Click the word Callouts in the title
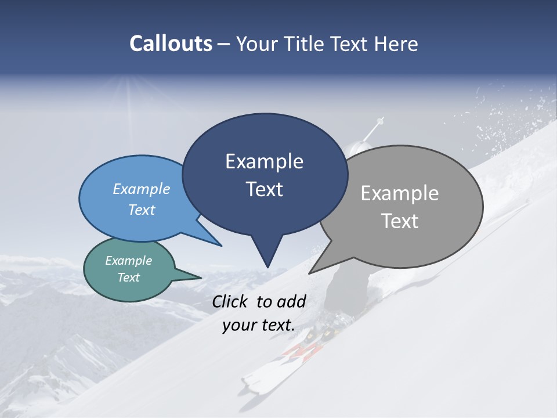tap(171, 44)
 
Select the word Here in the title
tap(397, 44)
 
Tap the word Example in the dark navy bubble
tap(264, 161)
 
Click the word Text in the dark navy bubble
tap(264, 189)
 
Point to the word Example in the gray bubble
tap(400, 193)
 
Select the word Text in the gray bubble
tap(400, 221)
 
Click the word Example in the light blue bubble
tap(142, 189)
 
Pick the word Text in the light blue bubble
tap(142, 210)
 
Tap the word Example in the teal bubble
tap(129, 261)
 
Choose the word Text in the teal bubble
tap(129, 278)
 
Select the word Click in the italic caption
tap(231, 301)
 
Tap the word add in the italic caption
tap(291, 301)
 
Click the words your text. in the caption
tap(259, 325)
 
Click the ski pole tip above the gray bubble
tap(381, 120)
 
